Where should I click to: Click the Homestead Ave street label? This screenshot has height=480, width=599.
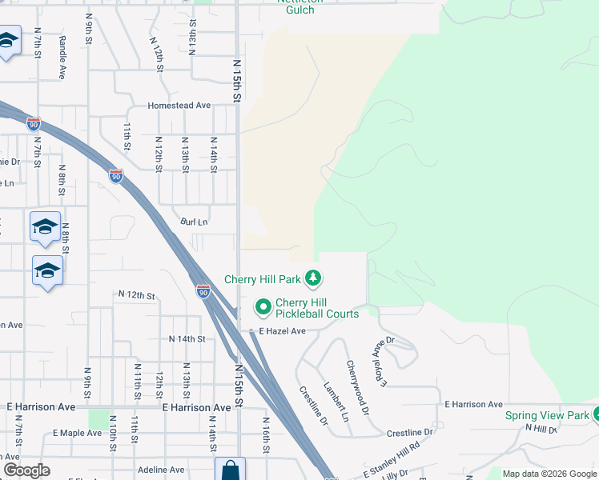tap(179, 106)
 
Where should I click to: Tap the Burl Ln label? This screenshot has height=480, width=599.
tap(194, 222)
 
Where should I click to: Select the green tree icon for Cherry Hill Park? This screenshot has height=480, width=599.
tap(313, 279)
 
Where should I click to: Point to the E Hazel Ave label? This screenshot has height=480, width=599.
tap(281, 331)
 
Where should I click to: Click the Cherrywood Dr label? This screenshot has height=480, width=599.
tap(358, 387)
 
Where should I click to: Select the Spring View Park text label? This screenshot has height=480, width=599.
tap(547, 416)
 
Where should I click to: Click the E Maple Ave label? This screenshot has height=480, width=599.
tap(78, 433)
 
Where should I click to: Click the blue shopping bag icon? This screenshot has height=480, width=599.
tap(230, 469)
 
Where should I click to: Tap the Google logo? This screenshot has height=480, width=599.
tap(26, 470)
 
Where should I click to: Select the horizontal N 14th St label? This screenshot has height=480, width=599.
tap(187, 339)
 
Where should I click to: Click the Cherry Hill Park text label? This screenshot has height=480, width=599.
tap(262, 279)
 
